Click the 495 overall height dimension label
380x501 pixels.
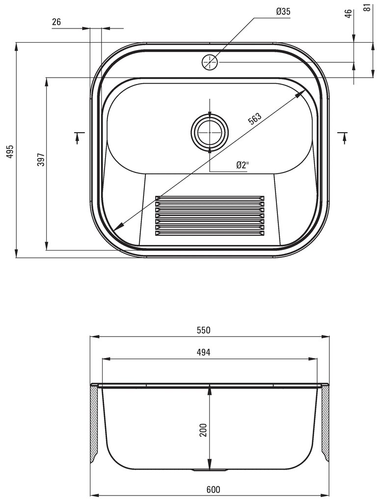9,152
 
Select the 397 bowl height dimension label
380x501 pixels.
41,160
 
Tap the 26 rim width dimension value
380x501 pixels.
56,22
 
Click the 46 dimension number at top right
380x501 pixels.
349,13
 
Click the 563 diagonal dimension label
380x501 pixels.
254,120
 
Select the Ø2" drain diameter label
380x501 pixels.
242,165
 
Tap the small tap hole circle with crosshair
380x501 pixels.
210,62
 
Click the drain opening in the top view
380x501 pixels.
210,132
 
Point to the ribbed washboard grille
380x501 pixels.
210,216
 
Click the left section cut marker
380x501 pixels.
77,137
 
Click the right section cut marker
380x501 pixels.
343,137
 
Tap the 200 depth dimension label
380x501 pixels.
203,430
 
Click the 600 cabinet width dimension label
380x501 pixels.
213,489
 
